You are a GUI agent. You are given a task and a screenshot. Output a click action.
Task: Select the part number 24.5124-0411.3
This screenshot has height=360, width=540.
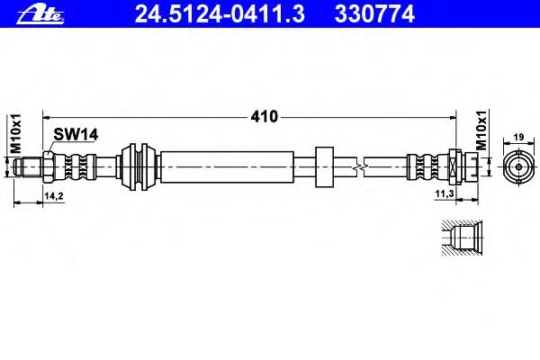tap(220, 14)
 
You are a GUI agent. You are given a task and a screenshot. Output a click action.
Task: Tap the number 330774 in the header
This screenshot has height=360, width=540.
tap(374, 14)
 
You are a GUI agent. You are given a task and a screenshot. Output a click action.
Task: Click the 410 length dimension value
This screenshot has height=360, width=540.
tap(264, 117)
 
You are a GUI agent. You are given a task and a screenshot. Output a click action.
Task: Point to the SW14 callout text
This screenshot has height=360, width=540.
tap(76, 134)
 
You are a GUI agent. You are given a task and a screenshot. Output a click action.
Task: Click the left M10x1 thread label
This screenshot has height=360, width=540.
tap(16, 133)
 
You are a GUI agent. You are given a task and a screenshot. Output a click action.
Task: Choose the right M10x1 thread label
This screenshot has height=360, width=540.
tap(481, 130)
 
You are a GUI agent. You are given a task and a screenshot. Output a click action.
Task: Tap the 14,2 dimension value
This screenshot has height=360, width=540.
tap(54, 195)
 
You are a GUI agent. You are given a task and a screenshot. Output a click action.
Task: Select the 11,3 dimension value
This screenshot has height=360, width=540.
tap(444, 194)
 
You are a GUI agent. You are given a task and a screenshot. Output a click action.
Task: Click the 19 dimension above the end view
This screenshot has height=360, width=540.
tap(518, 137)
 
